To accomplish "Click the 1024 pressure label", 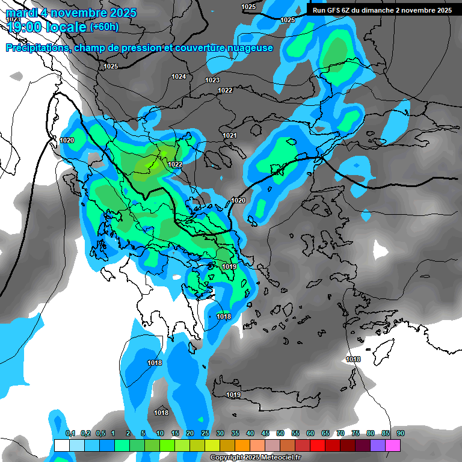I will pyautogui.click(x=179, y=76).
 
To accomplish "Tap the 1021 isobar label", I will pyautogui.click(x=230, y=135).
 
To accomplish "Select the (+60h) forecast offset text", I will pyautogui.click(x=104, y=27).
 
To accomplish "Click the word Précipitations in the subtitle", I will pyautogui.click(x=37, y=48).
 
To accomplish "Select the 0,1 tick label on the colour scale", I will pyautogui.click(x=70, y=433).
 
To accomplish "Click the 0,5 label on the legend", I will pyautogui.click(x=100, y=433).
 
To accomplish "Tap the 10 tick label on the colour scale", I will pyautogui.click(x=160, y=433).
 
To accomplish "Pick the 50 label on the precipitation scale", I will pyautogui.click(x=280, y=433).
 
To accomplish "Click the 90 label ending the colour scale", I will pyautogui.click(x=400, y=433).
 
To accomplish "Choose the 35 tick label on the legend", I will pyautogui.click(x=235, y=433).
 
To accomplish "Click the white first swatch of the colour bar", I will pyautogui.click(x=61, y=445).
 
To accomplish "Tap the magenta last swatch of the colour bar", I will pyautogui.click(x=393, y=445).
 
